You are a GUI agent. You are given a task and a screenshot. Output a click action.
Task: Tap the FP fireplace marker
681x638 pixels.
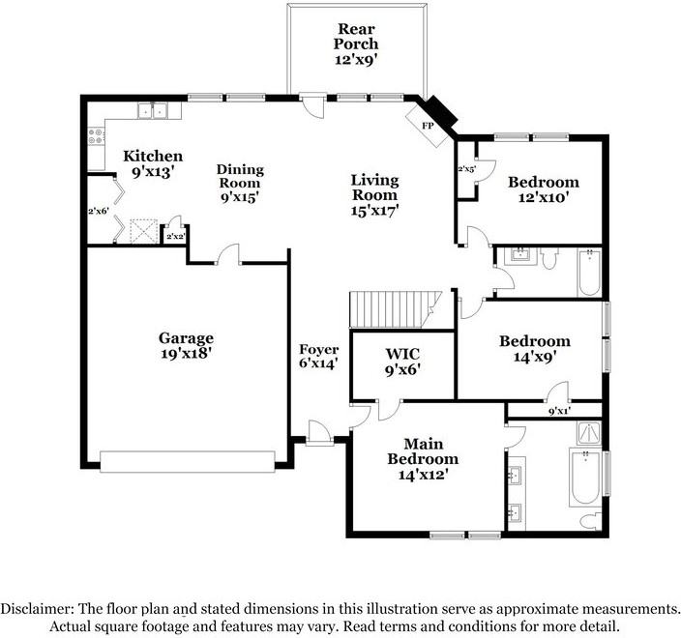[x=427, y=126]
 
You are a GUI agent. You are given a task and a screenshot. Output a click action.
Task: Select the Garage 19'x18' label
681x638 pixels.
[x=186, y=345]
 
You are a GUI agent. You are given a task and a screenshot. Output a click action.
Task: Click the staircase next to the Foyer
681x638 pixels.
[x=392, y=308]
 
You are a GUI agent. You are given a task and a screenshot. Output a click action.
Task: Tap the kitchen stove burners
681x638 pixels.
[x=97, y=139]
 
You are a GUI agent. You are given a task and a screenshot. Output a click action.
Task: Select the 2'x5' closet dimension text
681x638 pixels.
[x=466, y=169]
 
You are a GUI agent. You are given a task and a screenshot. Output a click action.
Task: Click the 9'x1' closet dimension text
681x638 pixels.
[x=558, y=411]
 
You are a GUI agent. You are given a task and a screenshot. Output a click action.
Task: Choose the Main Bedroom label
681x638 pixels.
[x=423, y=459]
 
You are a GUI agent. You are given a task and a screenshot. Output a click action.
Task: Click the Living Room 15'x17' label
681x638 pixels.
[x=374, y=193]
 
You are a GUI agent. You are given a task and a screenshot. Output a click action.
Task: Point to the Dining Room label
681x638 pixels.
[x=240, y=183]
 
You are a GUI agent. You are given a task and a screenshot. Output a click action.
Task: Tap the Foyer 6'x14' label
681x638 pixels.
[x=318, y=357]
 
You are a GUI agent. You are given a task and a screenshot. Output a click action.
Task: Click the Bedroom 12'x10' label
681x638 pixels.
[x=544, y=188]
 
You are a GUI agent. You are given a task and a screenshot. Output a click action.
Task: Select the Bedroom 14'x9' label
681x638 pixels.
[x=534, y=348]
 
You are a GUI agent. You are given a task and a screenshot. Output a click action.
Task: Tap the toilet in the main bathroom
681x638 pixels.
[x=587, y=521]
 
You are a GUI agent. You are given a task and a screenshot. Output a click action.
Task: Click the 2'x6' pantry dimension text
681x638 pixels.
[x=98, y=211]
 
